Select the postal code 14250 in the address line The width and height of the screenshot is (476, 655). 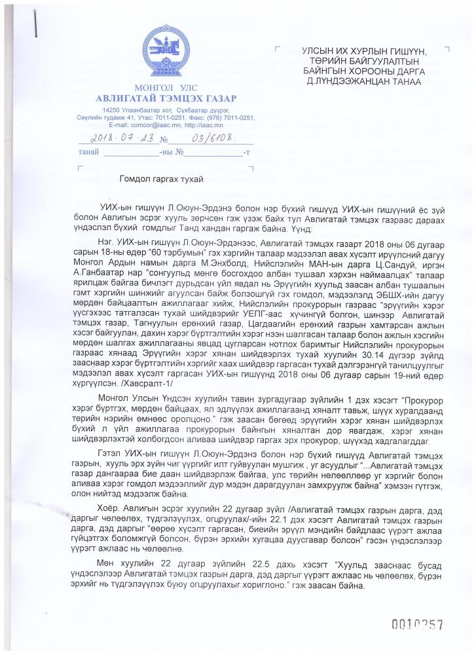(x=111, y=110)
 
